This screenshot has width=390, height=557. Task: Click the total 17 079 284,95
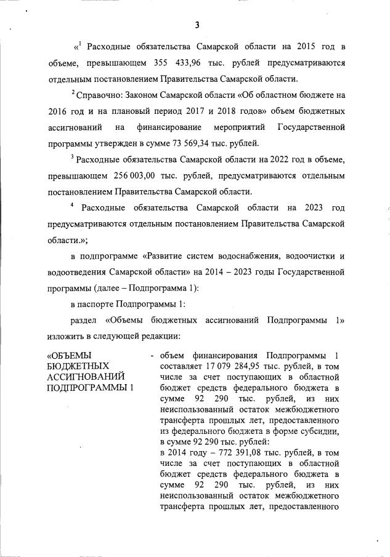[221, 366]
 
